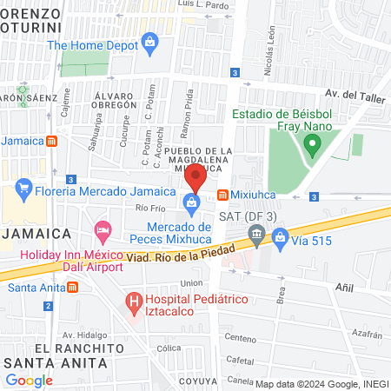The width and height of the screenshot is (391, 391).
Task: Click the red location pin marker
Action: (x=196, y=177)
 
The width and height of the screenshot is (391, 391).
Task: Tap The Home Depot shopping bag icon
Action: (x=150, y=42)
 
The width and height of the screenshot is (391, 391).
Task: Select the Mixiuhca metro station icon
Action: (x=223, y=194)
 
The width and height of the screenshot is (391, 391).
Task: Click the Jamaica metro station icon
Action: (x=52, y=142)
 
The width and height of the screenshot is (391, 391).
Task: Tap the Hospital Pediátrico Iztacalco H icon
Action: (x=134, y=302)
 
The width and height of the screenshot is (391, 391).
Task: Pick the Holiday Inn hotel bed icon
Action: (x=102, y=232)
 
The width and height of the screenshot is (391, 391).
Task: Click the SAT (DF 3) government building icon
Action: (x=255, y=233)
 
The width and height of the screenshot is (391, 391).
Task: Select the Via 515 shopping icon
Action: (x=280, y=236)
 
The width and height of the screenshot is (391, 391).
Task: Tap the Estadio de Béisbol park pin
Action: (x=310, y=140)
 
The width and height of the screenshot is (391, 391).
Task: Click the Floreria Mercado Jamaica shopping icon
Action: (x=23, y=187)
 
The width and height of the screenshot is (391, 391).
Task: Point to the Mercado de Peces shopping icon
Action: (x=189, y=203)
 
